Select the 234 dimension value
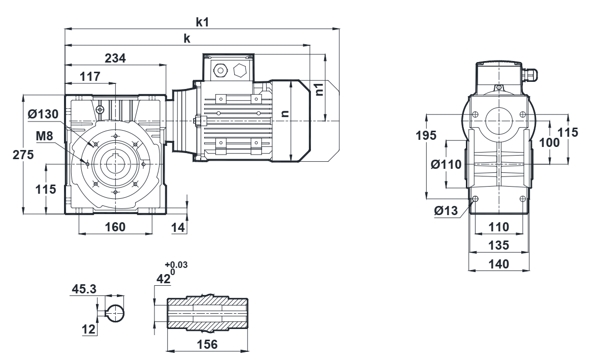click(x=116, y=58)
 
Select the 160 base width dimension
click(x=115, y=227)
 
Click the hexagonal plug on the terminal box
click(x=240, y=70)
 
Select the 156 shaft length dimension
click(x=207, y=344)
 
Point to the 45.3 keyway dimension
click(x=84, y=289)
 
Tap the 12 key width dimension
click(x=89, y=329)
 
